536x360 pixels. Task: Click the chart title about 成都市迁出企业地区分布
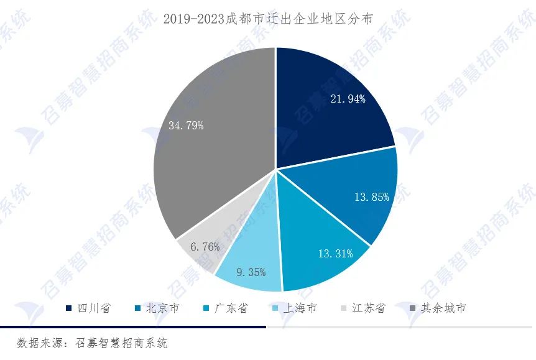pos(268,19)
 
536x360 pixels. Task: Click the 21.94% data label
pos(347,98)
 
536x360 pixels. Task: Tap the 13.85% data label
pos(371,197)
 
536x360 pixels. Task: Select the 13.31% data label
pos(335,253)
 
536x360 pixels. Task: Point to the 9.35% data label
pos(251,272)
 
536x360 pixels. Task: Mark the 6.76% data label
pos(205,247)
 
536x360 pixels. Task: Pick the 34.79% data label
pos(185,126)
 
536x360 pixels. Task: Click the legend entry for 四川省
pos(89,308)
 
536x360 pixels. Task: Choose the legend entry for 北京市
pos(157,308)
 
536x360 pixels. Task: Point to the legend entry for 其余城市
pos(437,308)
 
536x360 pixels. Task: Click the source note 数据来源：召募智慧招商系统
pos(92,343)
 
